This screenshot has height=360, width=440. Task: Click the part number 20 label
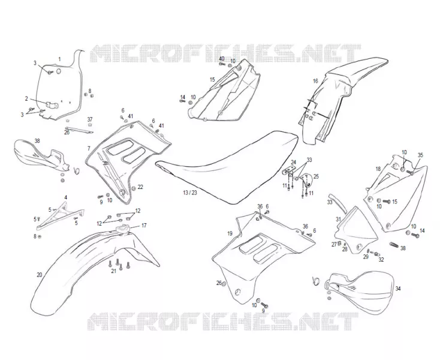pos(40,275)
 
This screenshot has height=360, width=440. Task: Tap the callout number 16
pos(315,81)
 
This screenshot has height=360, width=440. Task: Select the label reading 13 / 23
pos(190,193)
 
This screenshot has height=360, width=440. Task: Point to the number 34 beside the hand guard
pos(398,289)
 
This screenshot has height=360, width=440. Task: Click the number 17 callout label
pos(144,225)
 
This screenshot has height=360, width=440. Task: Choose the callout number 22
pos(140,187)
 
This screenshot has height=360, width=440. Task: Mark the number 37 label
pos(89,119)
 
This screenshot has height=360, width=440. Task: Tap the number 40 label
pos(222,58)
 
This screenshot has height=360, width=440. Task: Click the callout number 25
pos(316,176)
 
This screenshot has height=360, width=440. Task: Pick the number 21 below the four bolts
pos(113,271)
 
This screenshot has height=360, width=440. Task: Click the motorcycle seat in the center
pos(227,166)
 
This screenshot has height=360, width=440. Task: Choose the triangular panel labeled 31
pos(356,230)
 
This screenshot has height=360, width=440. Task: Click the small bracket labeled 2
pos(52,105)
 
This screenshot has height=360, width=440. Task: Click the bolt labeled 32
pos(374,253)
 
